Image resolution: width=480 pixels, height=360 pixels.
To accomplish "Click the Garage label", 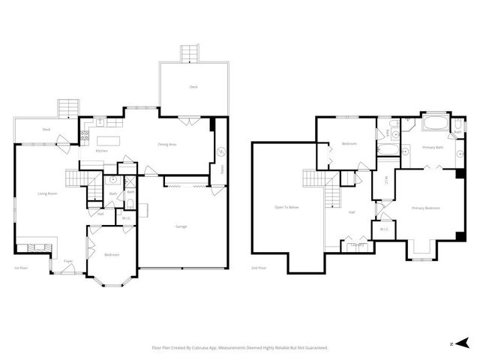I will pos(181,226).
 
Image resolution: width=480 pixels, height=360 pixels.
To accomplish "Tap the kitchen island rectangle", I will pos(108,139).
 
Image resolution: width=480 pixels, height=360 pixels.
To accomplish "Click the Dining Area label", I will pos(166,144).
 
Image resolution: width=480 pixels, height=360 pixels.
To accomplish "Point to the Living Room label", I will pos(48,193).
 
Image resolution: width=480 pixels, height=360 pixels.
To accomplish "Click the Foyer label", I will pos(67,261).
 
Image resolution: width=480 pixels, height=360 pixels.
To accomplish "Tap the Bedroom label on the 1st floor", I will pos(112,255).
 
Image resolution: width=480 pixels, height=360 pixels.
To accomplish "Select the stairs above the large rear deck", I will pos(190,54).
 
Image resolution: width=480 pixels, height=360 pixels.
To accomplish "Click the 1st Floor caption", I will pos(20,268).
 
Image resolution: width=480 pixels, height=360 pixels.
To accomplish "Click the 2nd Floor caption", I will pos(258,268).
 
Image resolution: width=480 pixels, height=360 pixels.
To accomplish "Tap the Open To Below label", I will pos(287,206).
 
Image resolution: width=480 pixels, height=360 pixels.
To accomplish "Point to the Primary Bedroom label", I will pos(425,208).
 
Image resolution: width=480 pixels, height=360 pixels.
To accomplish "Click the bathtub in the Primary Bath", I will pos(435,123).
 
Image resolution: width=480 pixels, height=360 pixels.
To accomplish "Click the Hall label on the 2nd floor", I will pos(351,212).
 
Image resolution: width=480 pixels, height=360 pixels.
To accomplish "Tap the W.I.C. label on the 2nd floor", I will pos(384,229).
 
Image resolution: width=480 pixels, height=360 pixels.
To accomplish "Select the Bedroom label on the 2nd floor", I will pos(349,143).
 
